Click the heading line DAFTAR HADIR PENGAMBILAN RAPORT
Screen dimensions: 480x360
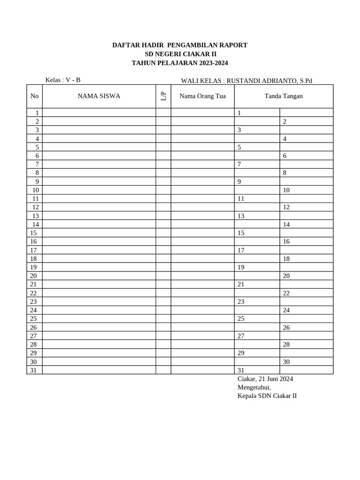coord(180,45)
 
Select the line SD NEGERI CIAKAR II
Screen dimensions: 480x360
coord(180,54)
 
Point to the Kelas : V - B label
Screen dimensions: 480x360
coord(63,80)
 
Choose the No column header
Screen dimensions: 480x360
coord(34,96)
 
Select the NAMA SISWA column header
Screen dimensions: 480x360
coord(99,96)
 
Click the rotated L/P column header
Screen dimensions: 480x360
coord(163,96)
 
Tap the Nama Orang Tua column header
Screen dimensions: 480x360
coord(202,96)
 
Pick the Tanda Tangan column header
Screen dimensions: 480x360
coord(284,96)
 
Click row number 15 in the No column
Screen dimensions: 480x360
coord(33,233)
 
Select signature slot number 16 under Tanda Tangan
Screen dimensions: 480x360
coord(286,241)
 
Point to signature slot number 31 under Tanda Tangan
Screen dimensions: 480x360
coord(241,370)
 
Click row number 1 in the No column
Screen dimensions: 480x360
coord(37,113)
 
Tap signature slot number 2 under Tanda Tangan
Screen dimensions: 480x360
coord(285,121)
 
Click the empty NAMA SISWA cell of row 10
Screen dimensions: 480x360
coord(99,190)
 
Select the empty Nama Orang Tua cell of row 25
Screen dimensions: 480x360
coord(202,318)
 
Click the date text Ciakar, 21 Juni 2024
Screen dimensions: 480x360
coord(265,379)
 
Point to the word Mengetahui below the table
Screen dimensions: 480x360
coord(254,387)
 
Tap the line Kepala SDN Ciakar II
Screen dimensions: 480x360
coord(267,396)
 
